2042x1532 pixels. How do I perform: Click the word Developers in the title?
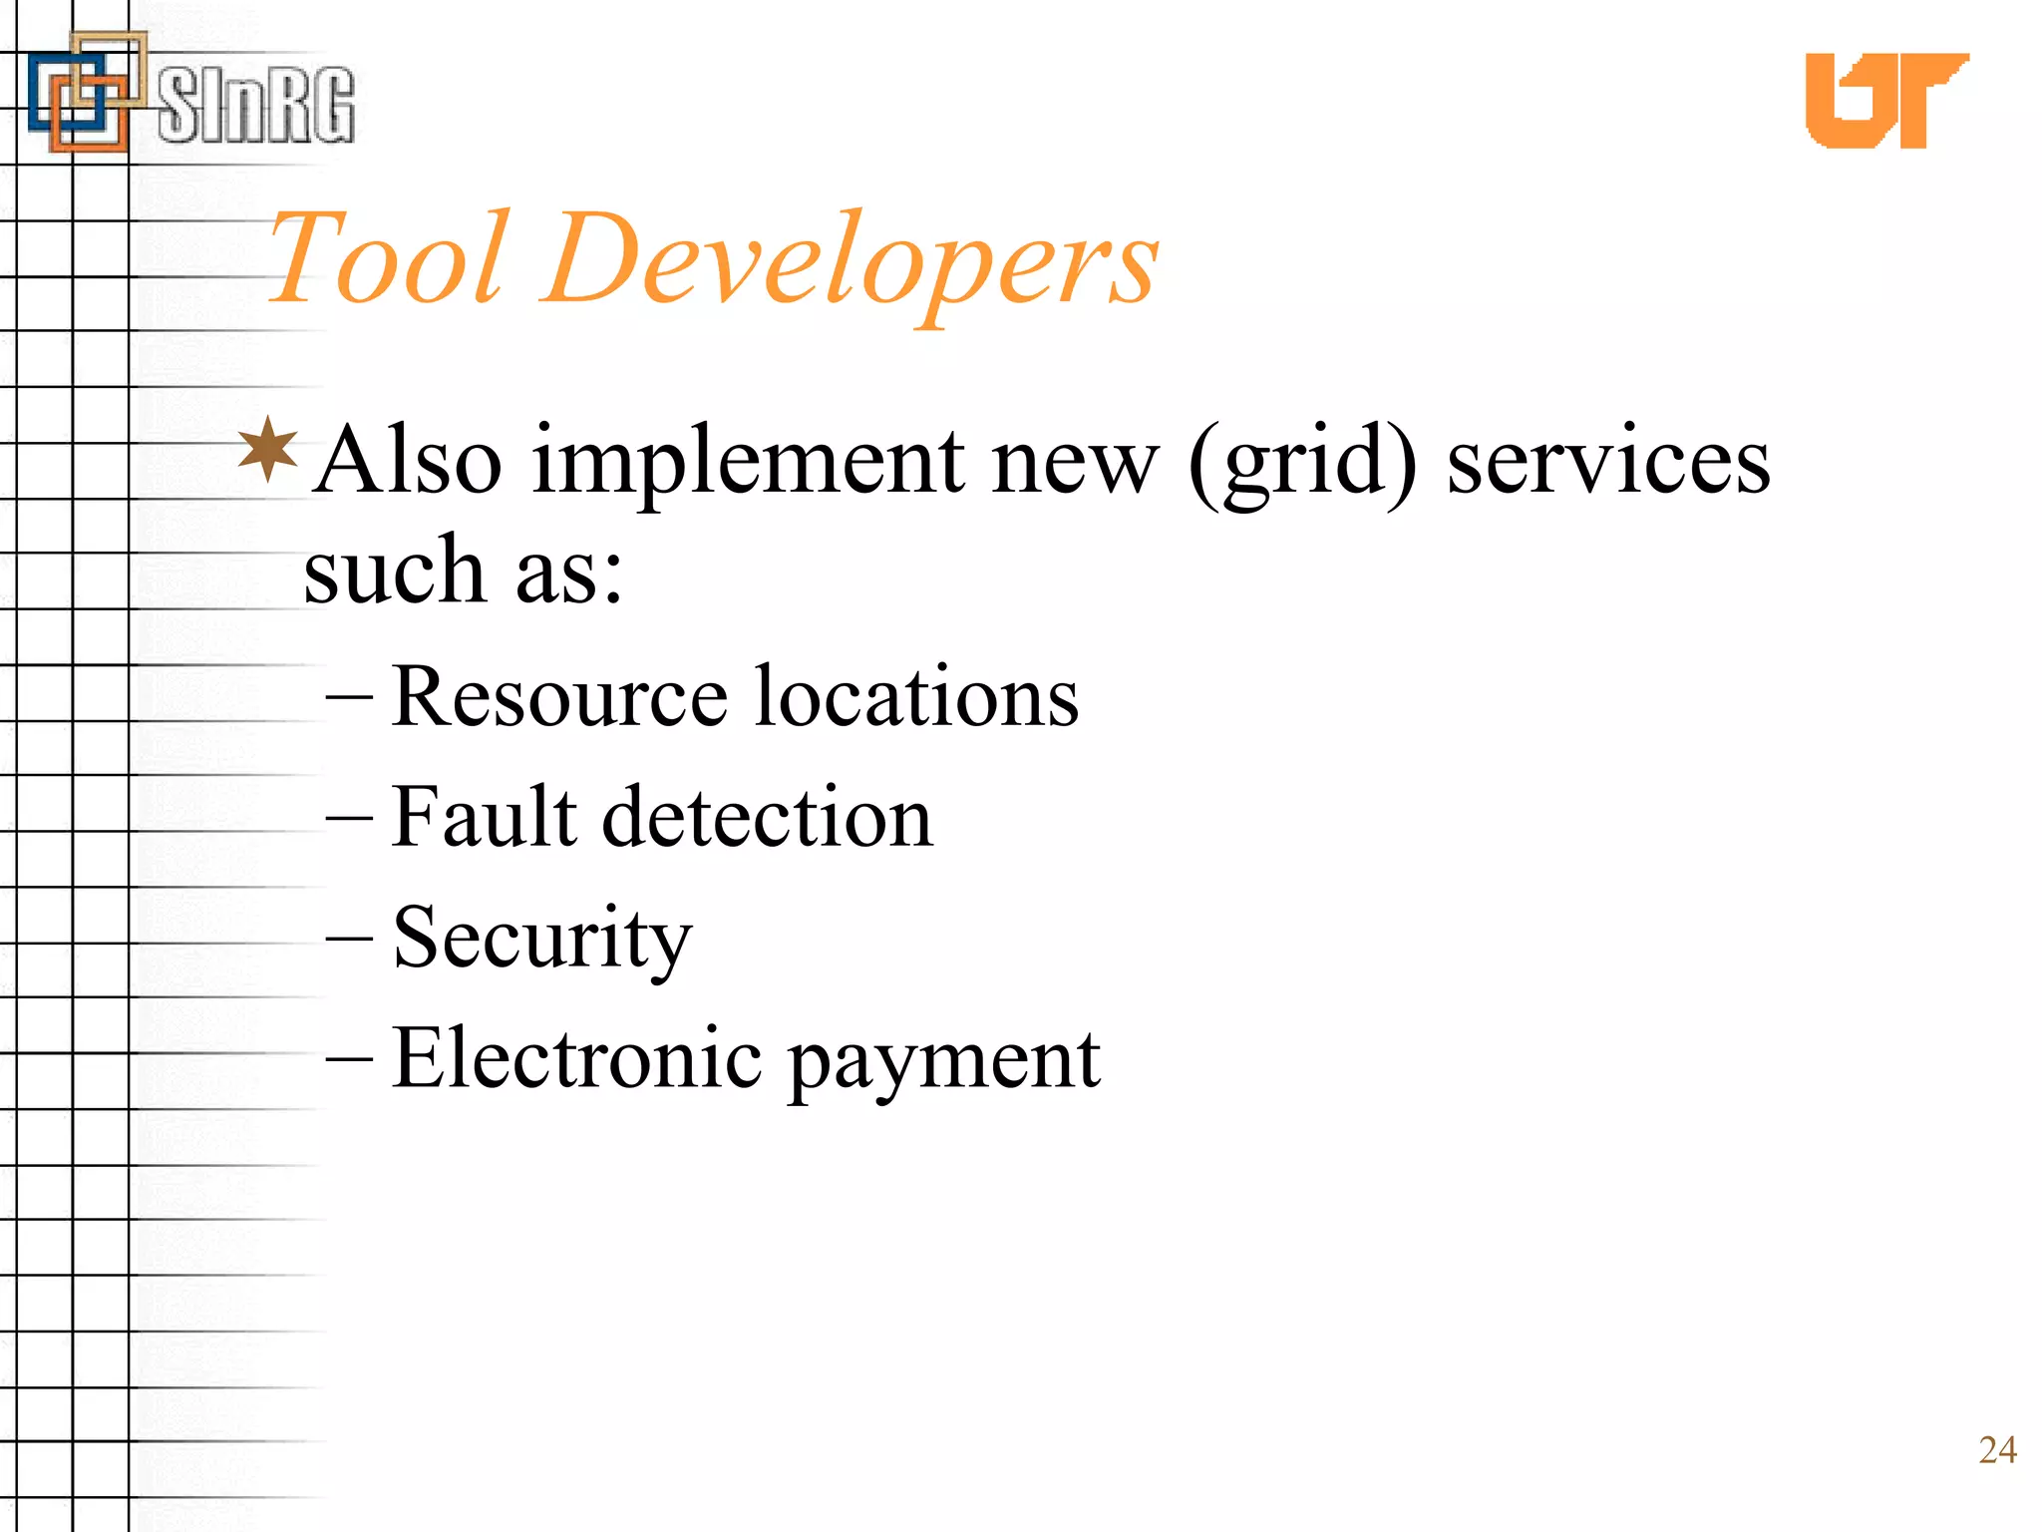click(x=852, y=261)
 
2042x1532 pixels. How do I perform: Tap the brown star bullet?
click(x=268, y=450)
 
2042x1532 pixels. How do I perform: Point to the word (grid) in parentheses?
click(x=1302, y=465)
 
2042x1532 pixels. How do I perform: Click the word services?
click(x=1608, y=461)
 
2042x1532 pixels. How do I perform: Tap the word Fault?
click(x=485, y=817)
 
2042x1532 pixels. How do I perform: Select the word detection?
click(x=768, y=817)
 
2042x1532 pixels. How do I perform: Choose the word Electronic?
click(x=577, y=1058)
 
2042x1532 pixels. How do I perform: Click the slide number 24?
click(x=1997, y=1450)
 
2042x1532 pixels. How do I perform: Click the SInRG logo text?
click(x=256, y=105)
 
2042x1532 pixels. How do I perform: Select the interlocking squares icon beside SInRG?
click(x=85, y=92)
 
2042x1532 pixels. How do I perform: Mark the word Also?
click(x=409, y=461)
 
